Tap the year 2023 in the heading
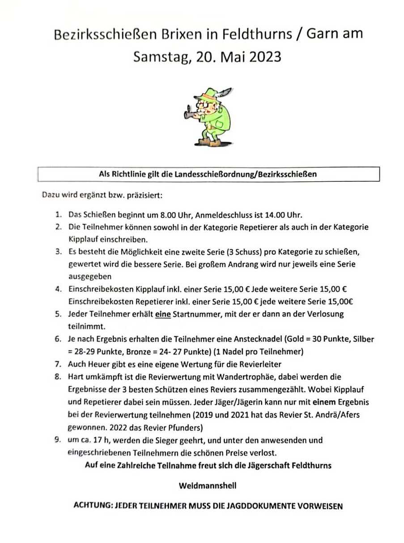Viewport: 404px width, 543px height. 264,57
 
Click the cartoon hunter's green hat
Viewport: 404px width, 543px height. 208,94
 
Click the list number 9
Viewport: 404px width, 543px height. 58,440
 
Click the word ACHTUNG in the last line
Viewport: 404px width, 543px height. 92,506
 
